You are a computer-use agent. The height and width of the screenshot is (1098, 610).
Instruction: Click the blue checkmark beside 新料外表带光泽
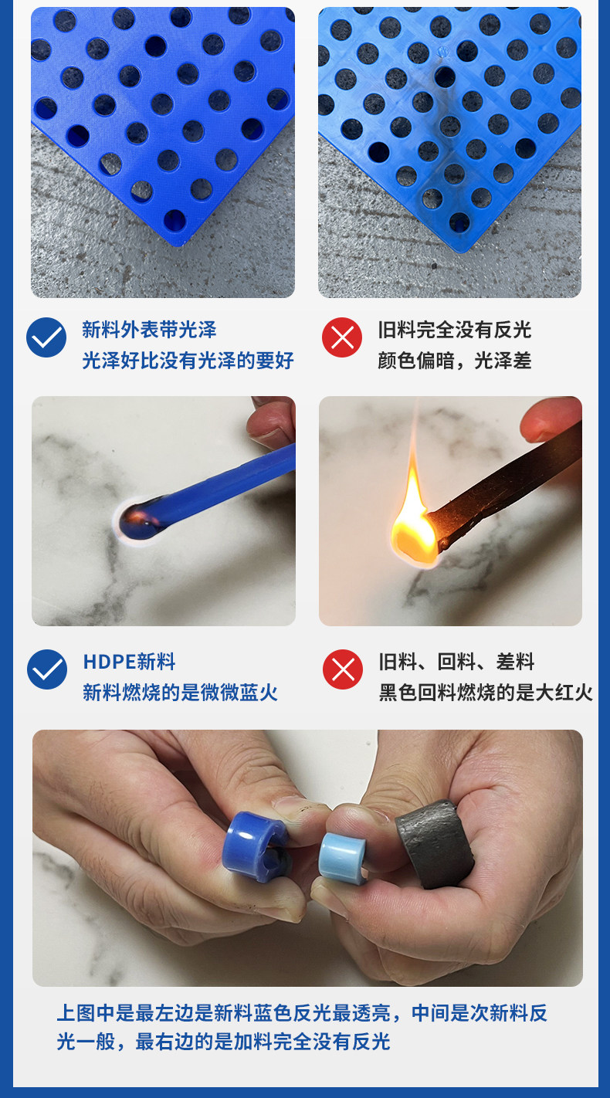(x=46, y=337)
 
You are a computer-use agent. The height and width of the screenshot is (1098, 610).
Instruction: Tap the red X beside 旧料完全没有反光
(x=342, y=337)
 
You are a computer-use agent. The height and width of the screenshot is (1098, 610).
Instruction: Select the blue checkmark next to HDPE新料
(x=47, y=669)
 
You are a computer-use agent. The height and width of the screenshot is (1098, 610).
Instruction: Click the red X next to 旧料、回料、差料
(x=343, y=669)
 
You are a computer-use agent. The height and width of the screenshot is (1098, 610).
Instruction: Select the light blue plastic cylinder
(x=342, y=859)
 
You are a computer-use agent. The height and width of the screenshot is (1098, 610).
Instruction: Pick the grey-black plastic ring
(x=435, y=844)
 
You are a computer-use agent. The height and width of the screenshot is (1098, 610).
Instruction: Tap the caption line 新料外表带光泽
(x=149, y=330)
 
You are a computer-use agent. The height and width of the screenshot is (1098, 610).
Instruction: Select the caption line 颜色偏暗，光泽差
(x=455, y=361)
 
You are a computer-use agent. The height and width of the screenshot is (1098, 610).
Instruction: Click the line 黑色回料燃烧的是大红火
(x=486, y=693)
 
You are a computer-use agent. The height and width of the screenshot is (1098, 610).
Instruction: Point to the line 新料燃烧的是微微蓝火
(x=180, y=693)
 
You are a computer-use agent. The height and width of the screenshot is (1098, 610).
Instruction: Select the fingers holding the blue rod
(x=272, y=422)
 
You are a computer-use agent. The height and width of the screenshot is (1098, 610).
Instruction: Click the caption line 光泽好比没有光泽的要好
(x=188, y=361)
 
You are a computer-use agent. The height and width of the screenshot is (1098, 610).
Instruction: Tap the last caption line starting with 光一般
(x=223, y=1042)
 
